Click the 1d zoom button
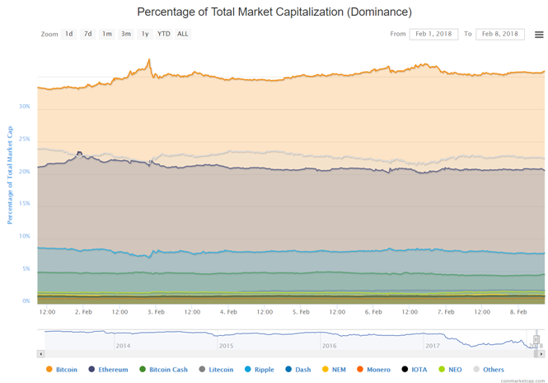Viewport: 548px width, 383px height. coord(69,34)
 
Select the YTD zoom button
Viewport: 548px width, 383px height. coord(164,34)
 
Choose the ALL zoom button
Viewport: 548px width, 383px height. coord(183,34)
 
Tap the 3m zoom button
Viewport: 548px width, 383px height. coord(126,34)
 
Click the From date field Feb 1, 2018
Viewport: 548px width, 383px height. coord(433,34)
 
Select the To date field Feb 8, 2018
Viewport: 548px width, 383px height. coord(500,34)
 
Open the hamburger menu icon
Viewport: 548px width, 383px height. coord(539,35)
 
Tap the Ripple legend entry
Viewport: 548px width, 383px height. coord(264,370)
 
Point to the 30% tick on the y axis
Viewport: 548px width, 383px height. coord(24,106)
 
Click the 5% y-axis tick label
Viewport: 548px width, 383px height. coord(26,269)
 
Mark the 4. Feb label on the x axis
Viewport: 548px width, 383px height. coord(228,312)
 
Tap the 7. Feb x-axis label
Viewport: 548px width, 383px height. coord(446,312)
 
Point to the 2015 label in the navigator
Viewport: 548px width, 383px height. coord(226,346)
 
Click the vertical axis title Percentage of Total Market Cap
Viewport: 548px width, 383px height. coord(11,175)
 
